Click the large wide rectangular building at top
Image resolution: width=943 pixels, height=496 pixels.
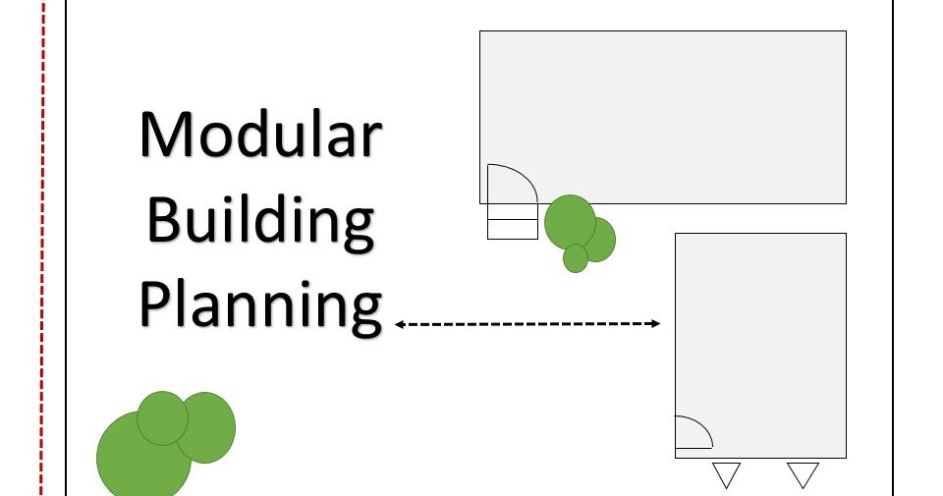tap(688, 108)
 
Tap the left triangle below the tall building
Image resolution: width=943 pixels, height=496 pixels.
tap(726, 473)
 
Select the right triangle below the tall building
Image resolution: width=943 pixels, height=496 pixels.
tap(803, 473)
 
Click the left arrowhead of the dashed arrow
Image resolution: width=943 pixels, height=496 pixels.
tap(400, 323)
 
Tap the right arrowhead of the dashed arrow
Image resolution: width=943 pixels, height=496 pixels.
tap(655, 323)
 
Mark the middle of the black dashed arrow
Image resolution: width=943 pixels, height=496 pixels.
tap(527, 323)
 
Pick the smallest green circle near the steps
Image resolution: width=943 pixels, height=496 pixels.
tap(576, 258)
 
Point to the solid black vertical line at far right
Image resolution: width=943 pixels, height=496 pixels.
tap(892, 246)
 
